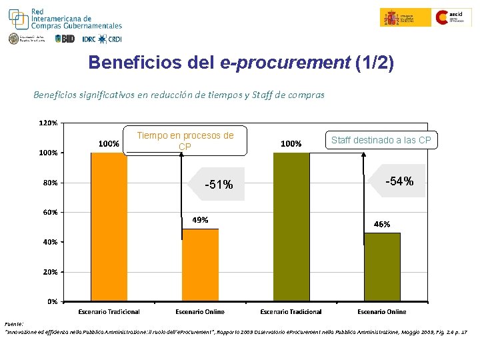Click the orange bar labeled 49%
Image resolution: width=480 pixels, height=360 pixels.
(x=200, y=265)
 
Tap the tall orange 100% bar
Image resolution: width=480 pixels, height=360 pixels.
(x=109, y=227)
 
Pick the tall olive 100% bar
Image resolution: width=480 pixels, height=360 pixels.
(x=291, y=227)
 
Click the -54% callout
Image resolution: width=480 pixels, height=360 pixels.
(x=399, y=181)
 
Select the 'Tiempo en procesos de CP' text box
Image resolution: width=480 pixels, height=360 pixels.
(x=185, y=141)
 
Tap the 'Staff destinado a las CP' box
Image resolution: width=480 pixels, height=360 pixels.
(x=381, y=140)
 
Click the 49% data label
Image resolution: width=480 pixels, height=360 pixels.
(x=200, y=219)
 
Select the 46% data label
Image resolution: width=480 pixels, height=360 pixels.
(x=382, y=224)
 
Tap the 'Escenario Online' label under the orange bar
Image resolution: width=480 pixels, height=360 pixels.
(x=200, y=311)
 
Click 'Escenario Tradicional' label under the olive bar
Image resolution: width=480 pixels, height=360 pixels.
(x=291, y=311)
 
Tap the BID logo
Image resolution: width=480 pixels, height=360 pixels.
(x=65, y=39)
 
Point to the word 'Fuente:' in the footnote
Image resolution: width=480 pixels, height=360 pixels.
(x=13, y=323)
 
